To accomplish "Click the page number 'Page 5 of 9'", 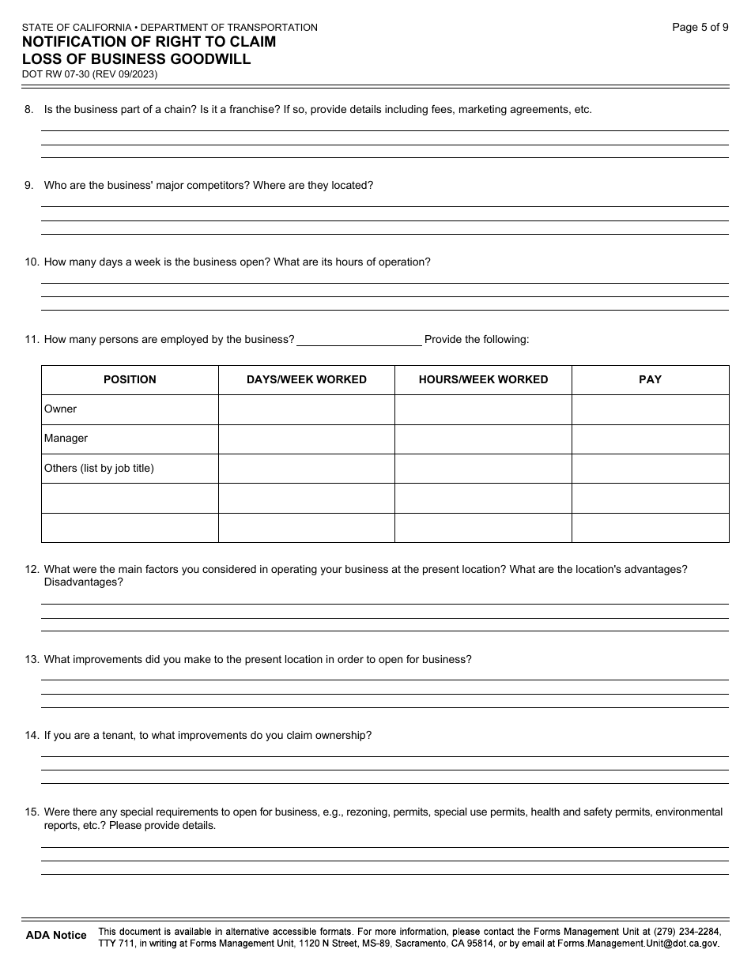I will (700, 27).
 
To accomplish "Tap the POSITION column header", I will (130, 379).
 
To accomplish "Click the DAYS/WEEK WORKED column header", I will (306, 379).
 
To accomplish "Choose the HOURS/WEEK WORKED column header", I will (483, 379).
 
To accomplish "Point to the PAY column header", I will (650, 379).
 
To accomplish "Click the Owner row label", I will (61, 409).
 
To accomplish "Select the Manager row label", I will (66, 439).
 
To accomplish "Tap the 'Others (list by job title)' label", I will (99, 468).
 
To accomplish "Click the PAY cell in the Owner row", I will (650, 409).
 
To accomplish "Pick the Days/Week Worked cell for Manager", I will (306, 439).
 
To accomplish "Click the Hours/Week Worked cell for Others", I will (483, 468).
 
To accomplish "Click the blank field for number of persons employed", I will (359, 340).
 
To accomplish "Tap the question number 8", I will (28, 110).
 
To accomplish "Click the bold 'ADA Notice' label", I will (56, 935).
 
